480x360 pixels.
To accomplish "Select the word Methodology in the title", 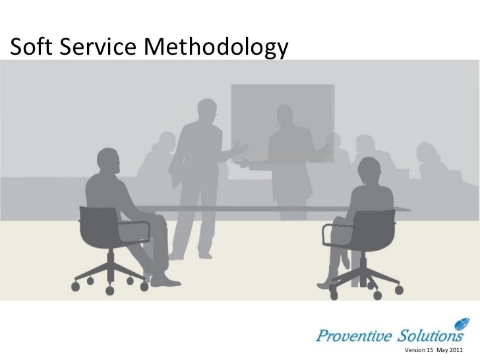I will coord(214,47).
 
